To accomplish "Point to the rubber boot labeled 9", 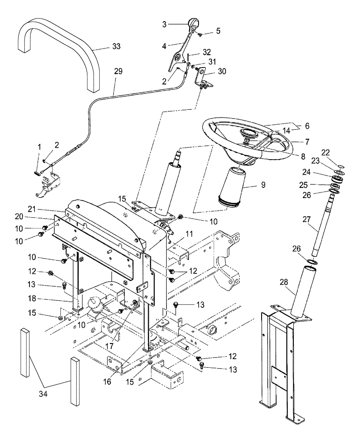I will (233, 186).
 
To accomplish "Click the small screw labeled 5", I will (199, 34).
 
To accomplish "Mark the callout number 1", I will (39, 146).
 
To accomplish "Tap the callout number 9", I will (262, 185).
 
